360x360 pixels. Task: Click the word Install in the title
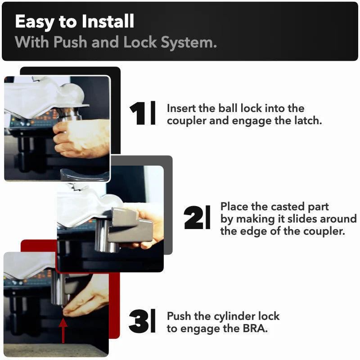coord(108,21)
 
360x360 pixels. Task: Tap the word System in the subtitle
coord(189,42)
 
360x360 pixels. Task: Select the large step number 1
coord(137,114)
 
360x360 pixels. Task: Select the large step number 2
coord(193,218)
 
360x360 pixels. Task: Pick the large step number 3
coord(139,321)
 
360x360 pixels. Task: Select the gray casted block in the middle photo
coord(131,225)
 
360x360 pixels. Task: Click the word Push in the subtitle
coord(70,42)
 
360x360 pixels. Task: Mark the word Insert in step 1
coord(181,108)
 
